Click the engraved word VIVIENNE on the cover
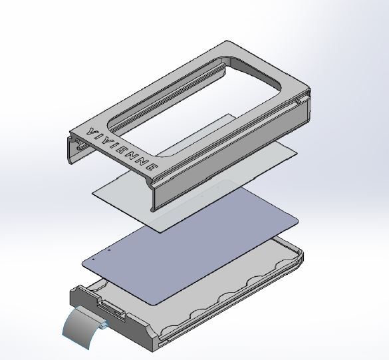(122, 149)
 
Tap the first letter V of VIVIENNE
(91, 131)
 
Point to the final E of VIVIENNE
(154, 168)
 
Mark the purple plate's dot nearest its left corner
(93, 260)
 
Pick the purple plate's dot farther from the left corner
(109, 250)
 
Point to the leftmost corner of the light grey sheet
(92, 193)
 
